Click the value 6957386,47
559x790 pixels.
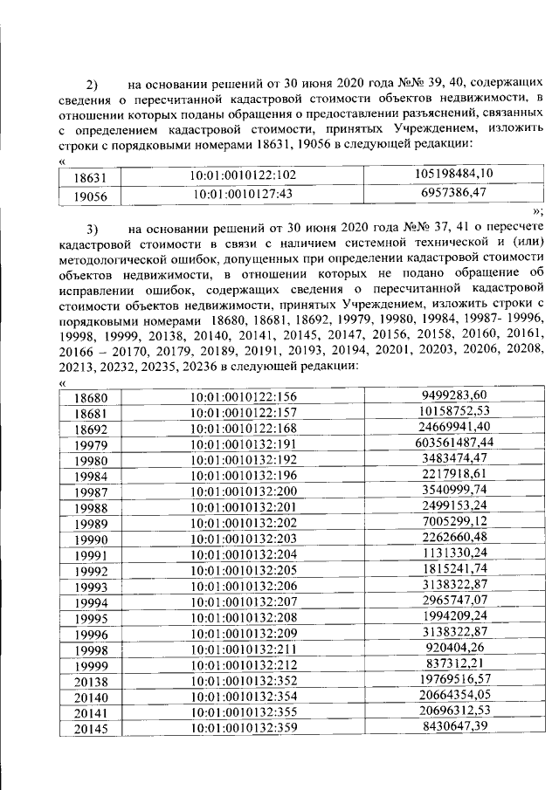(x=454, y=192)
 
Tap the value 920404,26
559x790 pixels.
(x=454, y=647)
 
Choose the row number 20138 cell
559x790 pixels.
(x=91, y=680)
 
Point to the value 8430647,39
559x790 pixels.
(x=454, y=725)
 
